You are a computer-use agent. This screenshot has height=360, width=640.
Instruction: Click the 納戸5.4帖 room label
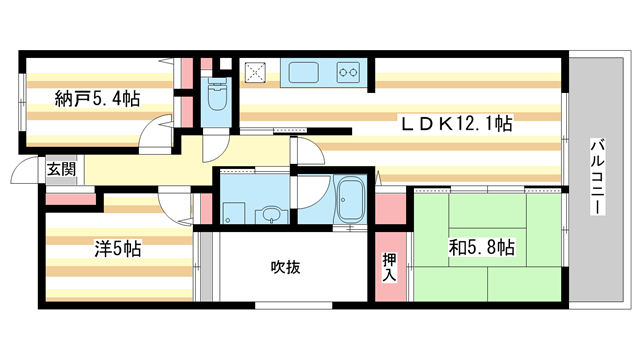tap(96, 99)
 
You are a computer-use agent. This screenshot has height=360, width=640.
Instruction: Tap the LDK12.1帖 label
tap(457, 124)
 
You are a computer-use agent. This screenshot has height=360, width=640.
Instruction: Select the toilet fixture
tap(214, 97)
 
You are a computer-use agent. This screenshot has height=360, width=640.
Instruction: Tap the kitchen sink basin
tap(302, 72)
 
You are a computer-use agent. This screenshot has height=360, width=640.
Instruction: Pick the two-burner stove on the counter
tap(350, 72)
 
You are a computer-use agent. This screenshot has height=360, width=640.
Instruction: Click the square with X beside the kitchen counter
tap(257, 72)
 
